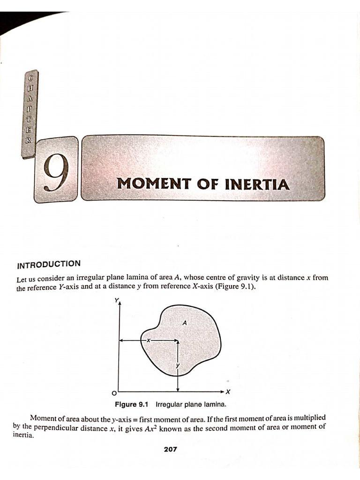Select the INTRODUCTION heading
[x=49, y=265]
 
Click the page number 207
[x=170, y=449]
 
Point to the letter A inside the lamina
[x=185, y=322]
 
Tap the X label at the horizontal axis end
[x=228, y=391]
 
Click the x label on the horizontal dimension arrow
[x=148, y=340]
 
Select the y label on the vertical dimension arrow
[x=178, y=365]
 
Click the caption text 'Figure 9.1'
[x=131, y=404]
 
